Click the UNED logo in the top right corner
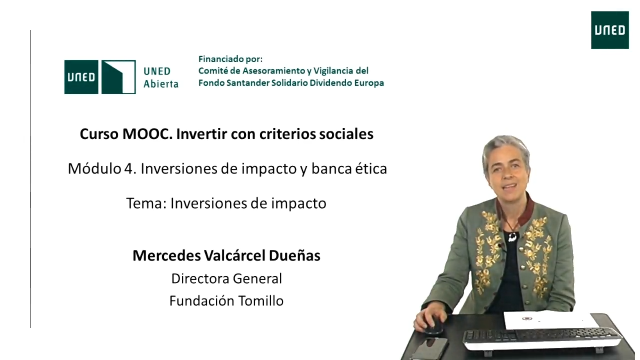click(609, 30)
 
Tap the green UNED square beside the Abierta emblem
click(81, 77)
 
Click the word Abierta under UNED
click(161, 83)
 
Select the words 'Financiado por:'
click(230, 59)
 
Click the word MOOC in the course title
click(147, 133)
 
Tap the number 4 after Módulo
click(128, 168)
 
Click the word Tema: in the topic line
click(146, 203)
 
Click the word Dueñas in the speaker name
click(294, 255)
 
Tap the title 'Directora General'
click(226, 278)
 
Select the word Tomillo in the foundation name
click(261, 301)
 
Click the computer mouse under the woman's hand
click(433, 325)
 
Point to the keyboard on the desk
click(541, 339)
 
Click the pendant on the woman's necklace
click(512, 237)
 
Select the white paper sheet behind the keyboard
click(550, 320)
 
